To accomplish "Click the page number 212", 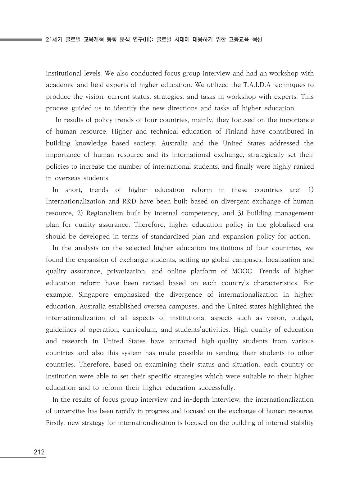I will pyautogui.click(x=39, y=452).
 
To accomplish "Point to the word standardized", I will pyautogui.click(x=170, y=236).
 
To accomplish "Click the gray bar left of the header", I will pyautogui.click(x=21, y=40).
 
